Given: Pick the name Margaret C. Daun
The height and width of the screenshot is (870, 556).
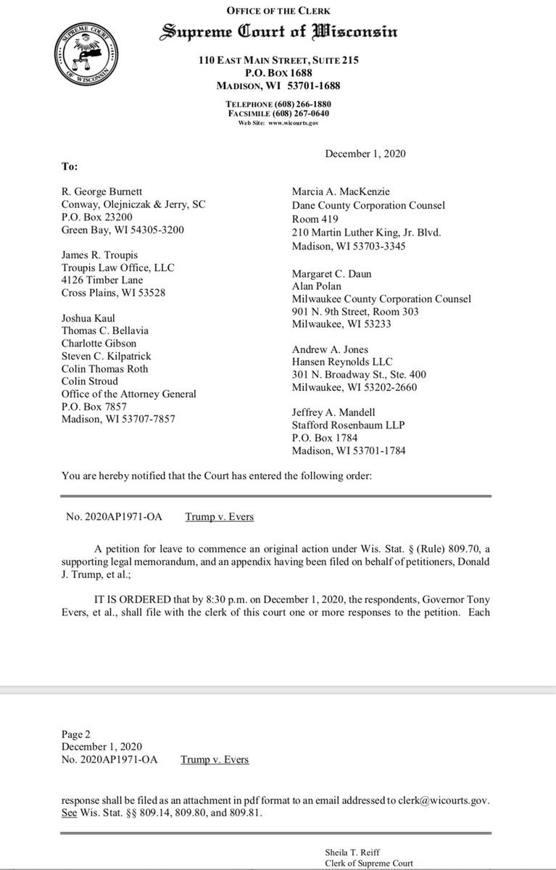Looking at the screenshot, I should pos(331,274).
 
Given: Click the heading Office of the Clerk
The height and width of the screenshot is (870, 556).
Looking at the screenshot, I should pos(279,10).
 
